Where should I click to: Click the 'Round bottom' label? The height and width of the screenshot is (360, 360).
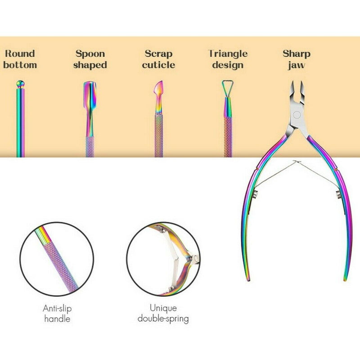click(x=20, y=59)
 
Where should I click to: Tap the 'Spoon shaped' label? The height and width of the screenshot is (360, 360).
click(x=90, y=59)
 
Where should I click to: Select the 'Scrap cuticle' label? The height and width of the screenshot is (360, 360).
click(x=158, y=59)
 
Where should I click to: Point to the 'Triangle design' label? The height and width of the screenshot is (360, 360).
click(x=228, y=59)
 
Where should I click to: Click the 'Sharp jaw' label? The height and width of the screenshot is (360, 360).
click(x=296, y=59)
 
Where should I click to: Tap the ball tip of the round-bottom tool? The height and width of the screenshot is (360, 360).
click(x=20, y=84)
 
